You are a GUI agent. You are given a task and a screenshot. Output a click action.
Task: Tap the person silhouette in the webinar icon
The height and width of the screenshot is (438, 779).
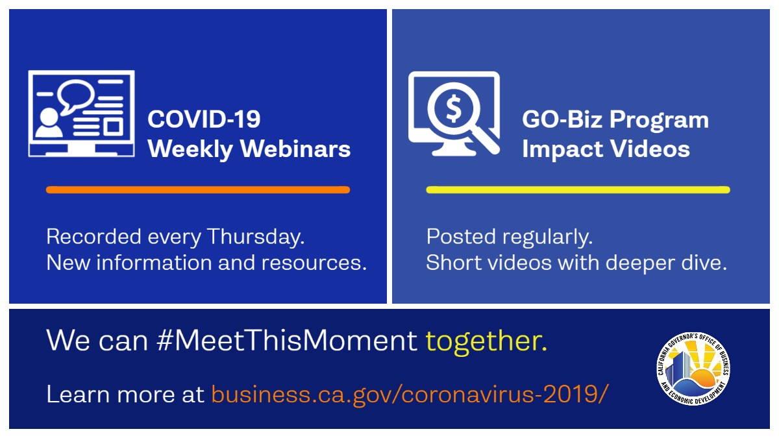[x=49, y=123]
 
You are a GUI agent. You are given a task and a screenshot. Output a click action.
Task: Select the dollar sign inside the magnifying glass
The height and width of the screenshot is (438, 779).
[x=454, y=108]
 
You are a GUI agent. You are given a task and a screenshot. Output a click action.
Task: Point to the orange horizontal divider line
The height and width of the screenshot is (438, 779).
[x=198, y=189]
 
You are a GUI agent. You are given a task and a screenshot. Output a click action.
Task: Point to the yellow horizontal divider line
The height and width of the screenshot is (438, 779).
[x=578, y=189]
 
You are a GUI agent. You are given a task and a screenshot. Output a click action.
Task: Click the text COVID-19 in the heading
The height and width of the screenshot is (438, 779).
[x=204, y=119]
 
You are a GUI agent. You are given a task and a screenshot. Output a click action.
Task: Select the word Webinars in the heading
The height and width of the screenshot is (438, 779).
[x=295, y=149]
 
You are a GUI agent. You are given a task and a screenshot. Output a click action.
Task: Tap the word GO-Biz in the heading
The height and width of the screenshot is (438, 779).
[x=562, y=119]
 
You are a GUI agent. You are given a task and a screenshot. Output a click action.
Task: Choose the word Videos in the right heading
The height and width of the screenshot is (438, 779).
[x=650, y=149]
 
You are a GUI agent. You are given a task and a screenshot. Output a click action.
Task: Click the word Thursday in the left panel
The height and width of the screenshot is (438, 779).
[x=256, y=237]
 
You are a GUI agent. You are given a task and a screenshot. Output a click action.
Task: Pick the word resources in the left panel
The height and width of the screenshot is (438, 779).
[x=314, y=263]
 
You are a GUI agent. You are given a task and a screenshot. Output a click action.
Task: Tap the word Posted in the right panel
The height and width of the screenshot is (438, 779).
[x=461, y=237]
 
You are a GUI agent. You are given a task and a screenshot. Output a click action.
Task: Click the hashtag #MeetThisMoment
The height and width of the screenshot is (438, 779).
[x=287, y=340]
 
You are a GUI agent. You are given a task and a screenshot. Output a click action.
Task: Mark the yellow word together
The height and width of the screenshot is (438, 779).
[x=486, y=342]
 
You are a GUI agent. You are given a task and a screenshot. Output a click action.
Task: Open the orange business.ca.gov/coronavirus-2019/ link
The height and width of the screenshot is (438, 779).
[x=410, y=395]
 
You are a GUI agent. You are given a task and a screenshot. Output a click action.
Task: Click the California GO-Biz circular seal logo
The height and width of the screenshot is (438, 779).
[x=693, y=369]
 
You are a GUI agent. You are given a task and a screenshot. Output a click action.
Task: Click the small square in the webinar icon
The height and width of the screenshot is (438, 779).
[x=113, y=127]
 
